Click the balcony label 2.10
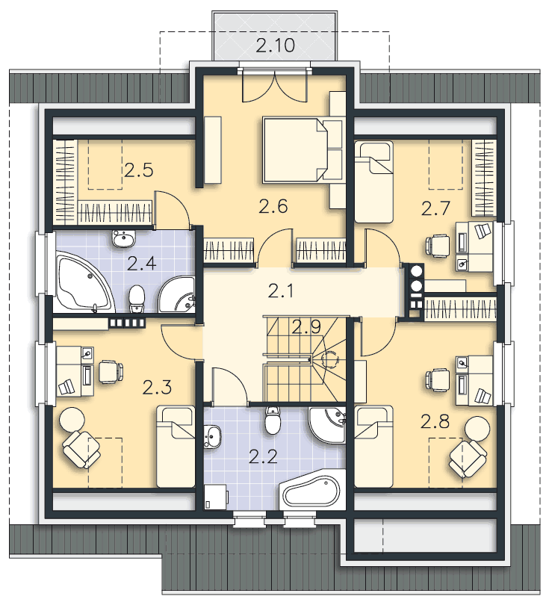click(x=275, y=45)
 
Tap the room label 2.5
click(x=138, y=170)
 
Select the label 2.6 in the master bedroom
click(x=273, y=206)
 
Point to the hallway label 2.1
click(x=281, y=291)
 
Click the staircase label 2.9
click(x=306, y=327)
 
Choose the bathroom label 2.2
click(x=263, y=457)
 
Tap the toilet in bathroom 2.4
click(x=136, y=299)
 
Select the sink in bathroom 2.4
click(x=123, y=239)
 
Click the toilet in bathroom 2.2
click(x=273, y=421)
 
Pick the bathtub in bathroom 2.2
click(x=311, y=490)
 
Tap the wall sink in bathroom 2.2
click(x=211, y=436)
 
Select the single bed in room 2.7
click(x=374, y=181)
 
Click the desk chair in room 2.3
click(x=111, y=371)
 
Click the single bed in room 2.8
click(x=374, y=447)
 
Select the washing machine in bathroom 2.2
click(x=217, y=497)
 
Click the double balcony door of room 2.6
click(x=274, y=86)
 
